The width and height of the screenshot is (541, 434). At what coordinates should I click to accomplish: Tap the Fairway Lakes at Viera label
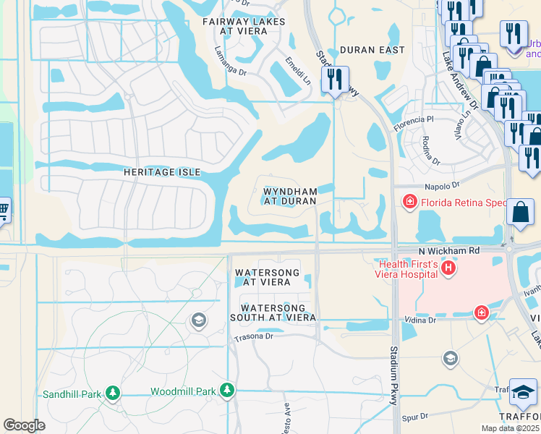click(x=244, y=27)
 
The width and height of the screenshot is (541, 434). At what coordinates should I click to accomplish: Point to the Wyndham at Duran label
click(x=289, y=197)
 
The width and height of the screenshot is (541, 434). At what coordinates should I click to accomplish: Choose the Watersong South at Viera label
click(x=273, y=312)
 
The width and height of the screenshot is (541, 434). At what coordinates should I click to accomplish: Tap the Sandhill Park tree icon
click(x=112, y=393)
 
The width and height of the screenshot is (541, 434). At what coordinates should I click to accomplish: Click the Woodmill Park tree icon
click(x=227, y=391)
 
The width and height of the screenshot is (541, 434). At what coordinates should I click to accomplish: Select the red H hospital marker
click(x=448, y=269)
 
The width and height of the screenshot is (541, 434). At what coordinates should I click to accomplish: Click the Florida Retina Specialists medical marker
click(x=409, y=201)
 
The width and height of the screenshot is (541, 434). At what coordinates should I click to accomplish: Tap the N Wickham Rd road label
click(x=449, y=251)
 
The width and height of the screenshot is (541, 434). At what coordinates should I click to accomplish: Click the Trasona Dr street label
click(x=253, y=337)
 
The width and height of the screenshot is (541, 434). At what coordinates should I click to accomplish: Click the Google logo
click(x=24, y=425)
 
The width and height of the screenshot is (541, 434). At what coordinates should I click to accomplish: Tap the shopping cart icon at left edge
click(x=3, y=210)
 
